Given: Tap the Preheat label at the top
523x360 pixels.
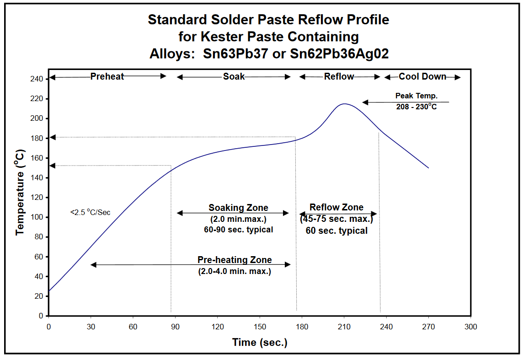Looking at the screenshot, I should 107,76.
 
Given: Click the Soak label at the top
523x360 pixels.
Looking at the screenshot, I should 234,76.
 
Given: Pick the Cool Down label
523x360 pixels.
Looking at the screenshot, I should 422,76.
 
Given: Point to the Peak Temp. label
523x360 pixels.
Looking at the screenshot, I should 416,96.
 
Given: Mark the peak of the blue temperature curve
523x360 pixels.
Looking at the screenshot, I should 344,104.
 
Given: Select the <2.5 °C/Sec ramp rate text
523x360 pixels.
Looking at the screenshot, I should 90,212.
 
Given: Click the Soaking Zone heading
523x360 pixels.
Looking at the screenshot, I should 238,208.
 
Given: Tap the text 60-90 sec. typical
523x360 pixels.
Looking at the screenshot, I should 238,230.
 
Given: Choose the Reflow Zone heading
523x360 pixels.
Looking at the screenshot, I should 336,208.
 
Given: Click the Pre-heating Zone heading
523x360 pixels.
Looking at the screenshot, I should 235,260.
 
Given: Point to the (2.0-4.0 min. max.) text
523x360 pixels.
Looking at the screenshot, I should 235,271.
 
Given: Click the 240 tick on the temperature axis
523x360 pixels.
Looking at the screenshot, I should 37,79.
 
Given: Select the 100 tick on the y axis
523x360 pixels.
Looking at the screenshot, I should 37,217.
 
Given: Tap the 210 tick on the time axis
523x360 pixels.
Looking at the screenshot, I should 344,327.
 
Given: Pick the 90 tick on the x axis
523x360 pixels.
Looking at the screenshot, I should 175,327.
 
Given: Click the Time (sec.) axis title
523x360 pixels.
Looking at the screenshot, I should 260,342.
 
